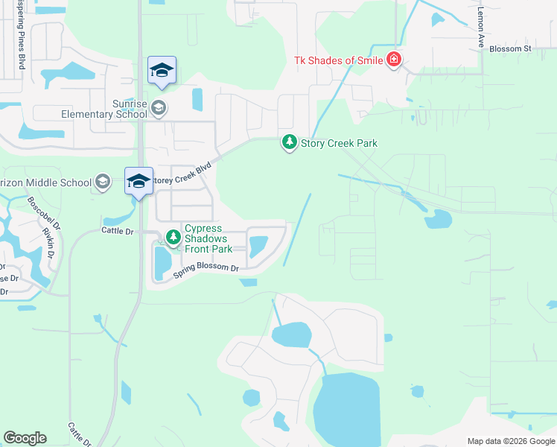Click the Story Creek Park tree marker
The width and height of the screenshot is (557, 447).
click(x=289, y=142)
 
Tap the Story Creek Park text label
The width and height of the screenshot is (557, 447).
click(x=339, y=143)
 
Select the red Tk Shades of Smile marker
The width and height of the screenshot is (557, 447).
click(x=394, y=60)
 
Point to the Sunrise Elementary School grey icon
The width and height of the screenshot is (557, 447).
click(x=158, y=109)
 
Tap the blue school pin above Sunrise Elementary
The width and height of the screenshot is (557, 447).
click(x=162, y=72)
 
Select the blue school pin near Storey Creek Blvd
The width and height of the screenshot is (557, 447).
click(x=139, y=182)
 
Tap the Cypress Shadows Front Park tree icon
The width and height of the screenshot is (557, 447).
click(x=174, y=238)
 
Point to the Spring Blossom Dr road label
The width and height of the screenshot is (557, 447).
click(x=206, y=272)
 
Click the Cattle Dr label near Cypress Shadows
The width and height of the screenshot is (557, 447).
click(x=117, y=232)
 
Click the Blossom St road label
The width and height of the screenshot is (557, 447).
click(x=509, y=49)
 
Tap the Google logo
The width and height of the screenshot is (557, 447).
click(x=25, y=438)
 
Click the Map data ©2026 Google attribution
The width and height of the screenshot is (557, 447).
click(x=509, y=441)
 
